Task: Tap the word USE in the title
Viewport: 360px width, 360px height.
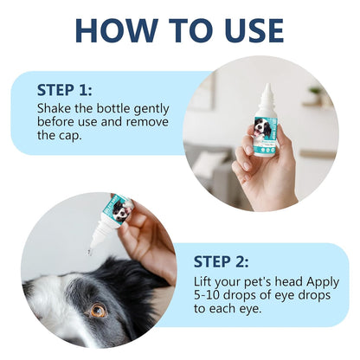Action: click(x=254, y=30)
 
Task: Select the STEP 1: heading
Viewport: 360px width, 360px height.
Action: click(x=65, y=90)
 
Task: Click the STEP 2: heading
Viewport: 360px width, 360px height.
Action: click(x=221, y=262)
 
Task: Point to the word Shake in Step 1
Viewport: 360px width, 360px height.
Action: click(x=54, y=109)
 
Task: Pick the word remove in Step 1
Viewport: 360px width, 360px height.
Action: click(x=147, y=122)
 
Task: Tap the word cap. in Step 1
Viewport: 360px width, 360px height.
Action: click(x=70, y=136)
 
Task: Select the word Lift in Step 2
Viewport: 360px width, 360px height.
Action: click(x=202, y=281)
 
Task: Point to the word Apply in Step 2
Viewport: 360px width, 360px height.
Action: click(x=323, y=282)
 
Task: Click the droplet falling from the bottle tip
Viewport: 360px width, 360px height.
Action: click(x=89, y=253)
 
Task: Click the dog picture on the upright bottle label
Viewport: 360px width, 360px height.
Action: click(x=262, y=128)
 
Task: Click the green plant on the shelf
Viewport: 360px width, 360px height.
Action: click(x=315, y=91)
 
